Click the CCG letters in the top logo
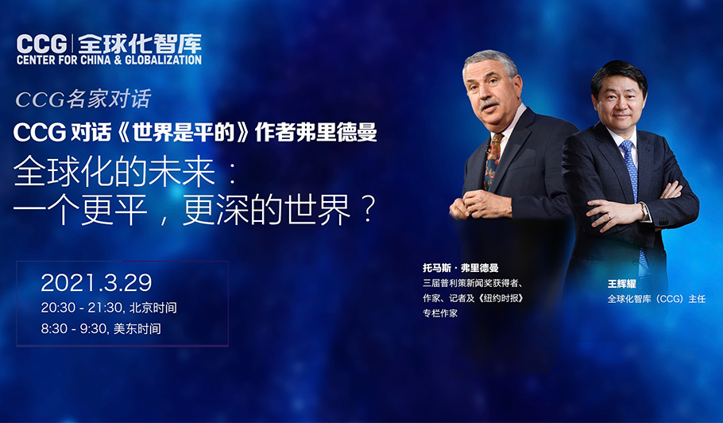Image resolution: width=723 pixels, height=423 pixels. click(42, 45)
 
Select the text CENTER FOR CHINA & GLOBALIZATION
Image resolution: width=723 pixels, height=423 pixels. click(109, 60)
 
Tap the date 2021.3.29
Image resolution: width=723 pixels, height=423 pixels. click(96, 282)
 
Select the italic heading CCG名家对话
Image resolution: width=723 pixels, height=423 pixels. click(83, 99)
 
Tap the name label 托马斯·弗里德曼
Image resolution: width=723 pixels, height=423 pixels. click(461, 268)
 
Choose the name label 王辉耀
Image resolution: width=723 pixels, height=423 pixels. click(621, 284)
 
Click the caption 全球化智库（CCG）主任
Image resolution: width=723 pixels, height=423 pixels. click(656, 299)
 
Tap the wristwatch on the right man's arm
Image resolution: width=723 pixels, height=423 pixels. click(644, 211)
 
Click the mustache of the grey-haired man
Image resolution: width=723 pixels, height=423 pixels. click(489, 104)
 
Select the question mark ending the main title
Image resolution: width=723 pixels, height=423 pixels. click(368, 211)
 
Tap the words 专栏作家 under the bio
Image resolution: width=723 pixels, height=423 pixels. click(440, 313)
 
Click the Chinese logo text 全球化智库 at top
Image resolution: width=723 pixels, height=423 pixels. click(140, 44)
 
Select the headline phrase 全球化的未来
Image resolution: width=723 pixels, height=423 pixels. click(114, 173)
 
